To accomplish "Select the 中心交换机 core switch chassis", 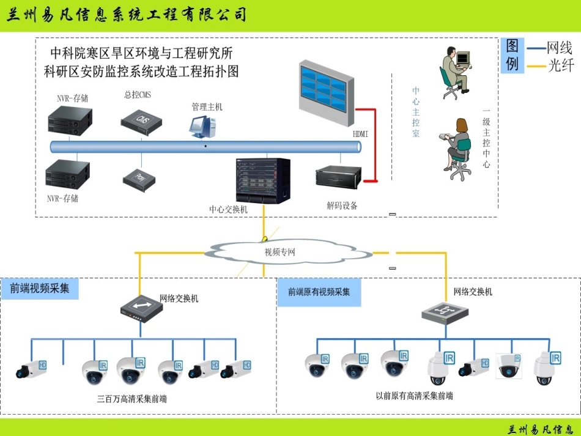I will [x=263, y=181].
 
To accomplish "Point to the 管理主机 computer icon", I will [x=202, y=125].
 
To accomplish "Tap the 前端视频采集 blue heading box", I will [x=40, y=289].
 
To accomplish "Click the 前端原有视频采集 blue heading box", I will [x=319, y=292].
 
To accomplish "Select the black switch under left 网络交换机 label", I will [x=141, y=309].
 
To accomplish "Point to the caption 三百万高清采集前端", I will [x=131, y=399].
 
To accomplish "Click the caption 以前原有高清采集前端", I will [x=414, y=396].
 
